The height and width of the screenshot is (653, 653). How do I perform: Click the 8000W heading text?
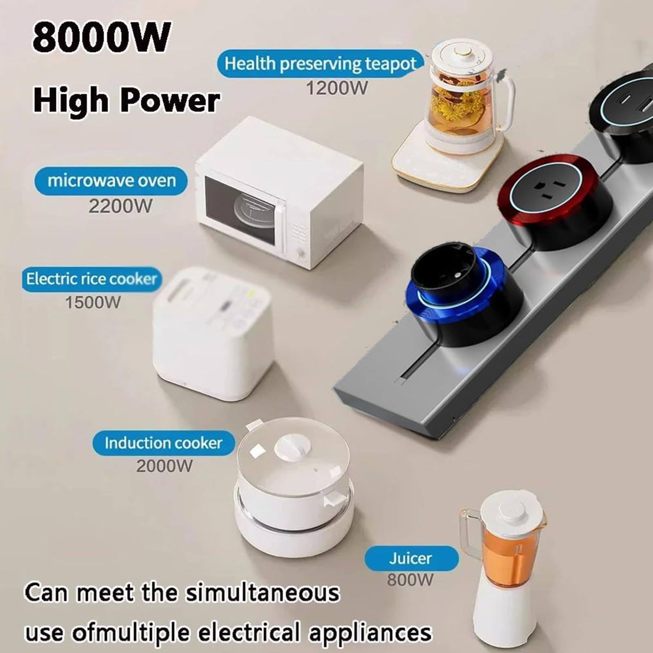point(101,38)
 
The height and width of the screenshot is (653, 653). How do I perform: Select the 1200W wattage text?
point(337,88)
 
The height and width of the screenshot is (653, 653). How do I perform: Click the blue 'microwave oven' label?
point(111,181)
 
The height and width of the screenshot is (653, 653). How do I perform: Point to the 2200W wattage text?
point(120,206)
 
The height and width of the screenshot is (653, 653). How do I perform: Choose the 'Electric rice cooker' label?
point(91,279)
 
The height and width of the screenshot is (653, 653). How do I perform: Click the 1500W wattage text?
point(93,302)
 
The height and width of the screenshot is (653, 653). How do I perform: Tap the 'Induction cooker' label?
point(163,443)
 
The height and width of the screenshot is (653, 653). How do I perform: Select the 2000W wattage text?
point(164,466)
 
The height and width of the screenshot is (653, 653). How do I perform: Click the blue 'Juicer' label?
point(411,558)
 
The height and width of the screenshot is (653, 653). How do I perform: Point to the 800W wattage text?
point(410,580)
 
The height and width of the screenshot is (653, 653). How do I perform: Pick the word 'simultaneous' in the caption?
point(263,593)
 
